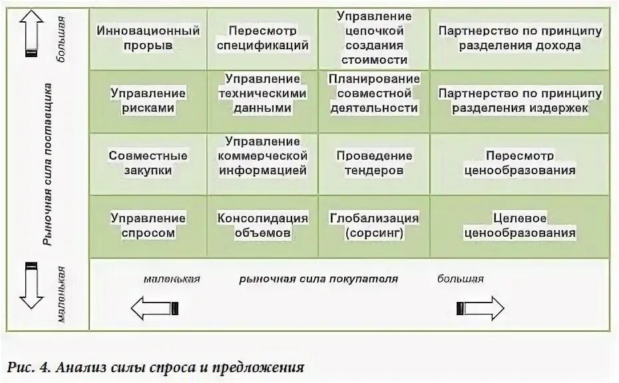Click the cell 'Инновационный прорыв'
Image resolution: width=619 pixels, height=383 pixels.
click(148, 38)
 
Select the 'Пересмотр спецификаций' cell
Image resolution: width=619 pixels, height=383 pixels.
click(262, 38)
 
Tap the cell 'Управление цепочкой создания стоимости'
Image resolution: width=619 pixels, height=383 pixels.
click(373, 38)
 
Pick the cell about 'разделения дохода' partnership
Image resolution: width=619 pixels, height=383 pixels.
click(520, 38)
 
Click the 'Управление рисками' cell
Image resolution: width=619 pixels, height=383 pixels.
click(148, 100)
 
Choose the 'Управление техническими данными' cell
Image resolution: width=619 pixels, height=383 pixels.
click(262, 100)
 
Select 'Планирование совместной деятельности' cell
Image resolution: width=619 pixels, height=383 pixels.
click(373, 100)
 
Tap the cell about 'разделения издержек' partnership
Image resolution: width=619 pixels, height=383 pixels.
click(520, 100)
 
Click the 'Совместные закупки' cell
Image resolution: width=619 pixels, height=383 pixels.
click(148, 162)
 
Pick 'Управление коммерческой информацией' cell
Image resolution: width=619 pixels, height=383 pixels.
click(262, 162)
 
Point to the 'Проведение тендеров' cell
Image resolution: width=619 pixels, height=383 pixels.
click(373, 162)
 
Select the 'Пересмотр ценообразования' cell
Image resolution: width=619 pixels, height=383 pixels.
click(520, 162)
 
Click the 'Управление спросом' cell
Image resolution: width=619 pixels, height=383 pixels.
click(148, 225)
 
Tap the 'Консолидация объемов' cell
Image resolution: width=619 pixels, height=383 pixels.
click(262, 225)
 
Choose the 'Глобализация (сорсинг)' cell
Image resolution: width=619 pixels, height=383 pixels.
click(373, 225)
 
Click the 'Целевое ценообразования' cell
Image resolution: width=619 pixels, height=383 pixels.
click(520, 225)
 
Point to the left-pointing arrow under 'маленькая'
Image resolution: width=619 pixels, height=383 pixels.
click(155, 308)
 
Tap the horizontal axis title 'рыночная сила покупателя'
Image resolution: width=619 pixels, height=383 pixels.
click(318, 279)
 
